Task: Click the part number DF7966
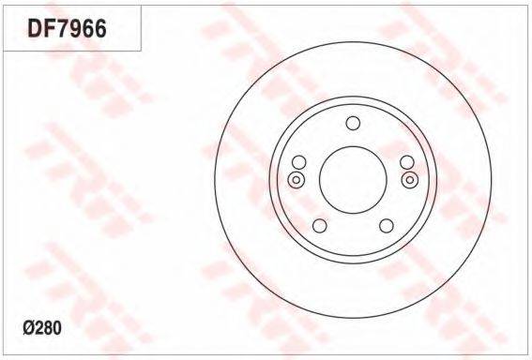pos(68,28)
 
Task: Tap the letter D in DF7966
pos(35,28)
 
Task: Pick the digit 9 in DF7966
pos(76,28)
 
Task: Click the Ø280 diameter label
pos(42,328)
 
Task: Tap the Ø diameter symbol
pos(28,328)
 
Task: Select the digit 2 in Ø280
pos(38,328)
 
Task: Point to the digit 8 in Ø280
pos(48,328)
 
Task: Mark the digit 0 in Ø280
pos(57,328)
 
